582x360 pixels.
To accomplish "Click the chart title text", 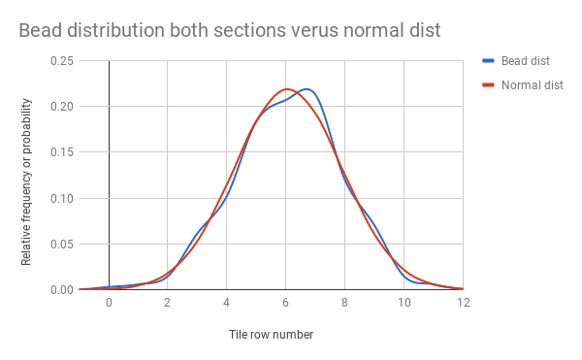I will (229, 30).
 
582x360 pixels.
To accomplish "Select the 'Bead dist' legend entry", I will (523, 60).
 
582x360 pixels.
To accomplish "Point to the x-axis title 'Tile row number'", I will (271, 334).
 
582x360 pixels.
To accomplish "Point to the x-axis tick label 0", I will (109, 303).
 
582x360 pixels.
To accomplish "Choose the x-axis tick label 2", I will (168, 303).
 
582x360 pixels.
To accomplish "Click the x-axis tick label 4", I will (227, 303).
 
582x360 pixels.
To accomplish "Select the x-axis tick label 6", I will (286, 303).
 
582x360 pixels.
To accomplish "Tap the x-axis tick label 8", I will (345, 303).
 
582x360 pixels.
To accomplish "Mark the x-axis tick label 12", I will (463, 303).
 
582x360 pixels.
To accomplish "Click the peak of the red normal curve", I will (287, 89).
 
